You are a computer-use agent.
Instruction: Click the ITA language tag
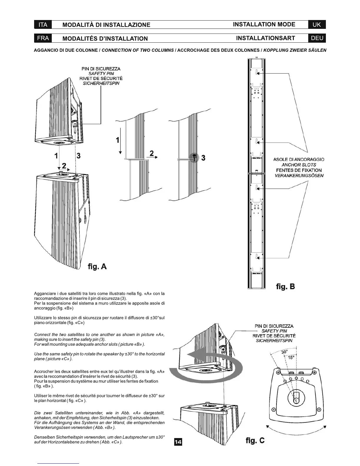pos(43,25)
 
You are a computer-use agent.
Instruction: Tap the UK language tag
pos(317,25)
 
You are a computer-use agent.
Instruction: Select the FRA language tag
pos(43,38)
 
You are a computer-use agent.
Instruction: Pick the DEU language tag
pos(317,38)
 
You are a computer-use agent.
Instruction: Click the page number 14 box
pos(178,442)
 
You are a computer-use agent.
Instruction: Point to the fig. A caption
pos(97,267)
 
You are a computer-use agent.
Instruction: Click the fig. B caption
pos(285,287)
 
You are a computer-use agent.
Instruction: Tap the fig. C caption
pos(255,440)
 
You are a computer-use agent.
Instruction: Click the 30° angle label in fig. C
pos(284,352)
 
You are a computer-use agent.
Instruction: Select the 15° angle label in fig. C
pos(291,358)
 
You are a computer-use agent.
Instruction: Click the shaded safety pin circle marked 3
pos(194,157)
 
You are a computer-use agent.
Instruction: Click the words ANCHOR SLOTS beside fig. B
pos(299,165)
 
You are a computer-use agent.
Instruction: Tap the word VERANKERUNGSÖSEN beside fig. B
pos(299,176)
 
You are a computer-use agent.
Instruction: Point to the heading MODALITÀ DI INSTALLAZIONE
pos(106,25)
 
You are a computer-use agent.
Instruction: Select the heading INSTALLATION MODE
pos(264,24)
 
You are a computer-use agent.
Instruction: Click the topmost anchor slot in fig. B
pos(257,72)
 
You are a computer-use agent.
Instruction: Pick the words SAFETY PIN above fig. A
pos(101,74)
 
